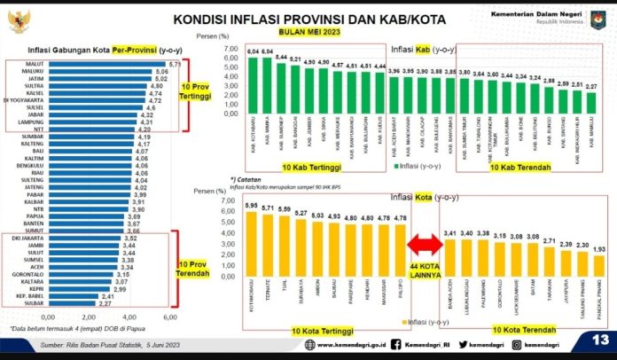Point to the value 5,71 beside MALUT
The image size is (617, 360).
(175, 65)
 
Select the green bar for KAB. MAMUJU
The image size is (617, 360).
(591, 114)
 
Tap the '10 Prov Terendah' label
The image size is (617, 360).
(194, 270)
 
